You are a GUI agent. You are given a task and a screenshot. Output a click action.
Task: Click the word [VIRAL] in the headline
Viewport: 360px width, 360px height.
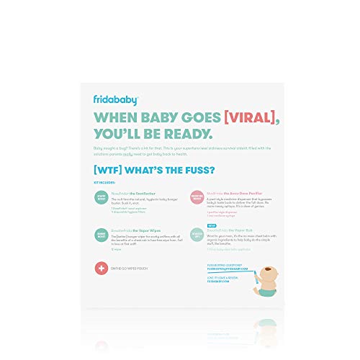(x=208, y=117)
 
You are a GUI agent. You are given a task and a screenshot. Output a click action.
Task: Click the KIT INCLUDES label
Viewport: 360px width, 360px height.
(x=102, y=184)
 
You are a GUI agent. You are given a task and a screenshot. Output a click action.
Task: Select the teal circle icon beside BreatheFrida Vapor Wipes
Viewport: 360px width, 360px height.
(x=101, y=235)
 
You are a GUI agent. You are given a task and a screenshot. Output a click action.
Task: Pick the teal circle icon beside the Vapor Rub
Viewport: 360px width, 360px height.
(x=196, y=235)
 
